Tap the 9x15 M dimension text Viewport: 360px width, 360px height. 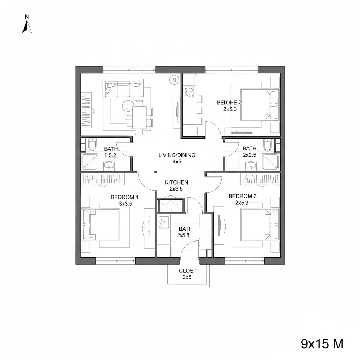[x=322, y=343]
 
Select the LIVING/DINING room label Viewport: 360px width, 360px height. [x=177, y=155]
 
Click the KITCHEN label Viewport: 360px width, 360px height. [x=176, y=182]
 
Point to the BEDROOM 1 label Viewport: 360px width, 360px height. [x=125, y=197]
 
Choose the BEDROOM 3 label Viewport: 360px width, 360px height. [x=243, y=196]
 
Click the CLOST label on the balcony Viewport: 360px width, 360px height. [x=188, y=271]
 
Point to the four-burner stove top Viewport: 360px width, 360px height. [x=188, y=92]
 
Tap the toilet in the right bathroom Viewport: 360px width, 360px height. [x=267, y=144]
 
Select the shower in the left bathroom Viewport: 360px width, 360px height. [x=89, y=162]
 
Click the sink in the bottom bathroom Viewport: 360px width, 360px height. [x=163, y=221]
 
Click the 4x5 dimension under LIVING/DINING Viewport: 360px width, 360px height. [x=176, y=162]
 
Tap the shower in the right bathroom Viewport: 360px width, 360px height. [x=271, y=162]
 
